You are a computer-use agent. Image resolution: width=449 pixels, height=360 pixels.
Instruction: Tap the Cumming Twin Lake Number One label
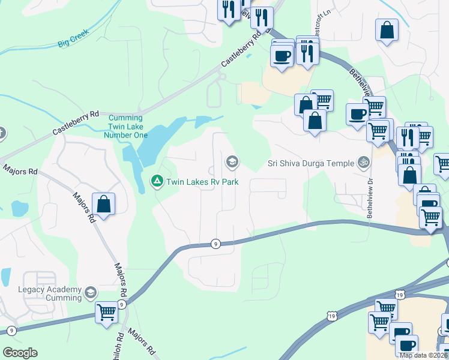[x=125, y=127]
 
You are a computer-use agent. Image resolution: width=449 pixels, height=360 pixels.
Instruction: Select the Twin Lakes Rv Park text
[x=203, y=181]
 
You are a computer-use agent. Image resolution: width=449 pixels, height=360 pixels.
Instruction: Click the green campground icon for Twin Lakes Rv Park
[x=157, y=180]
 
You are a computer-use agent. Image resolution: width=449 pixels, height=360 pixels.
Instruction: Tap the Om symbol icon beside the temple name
[x=363, y=162]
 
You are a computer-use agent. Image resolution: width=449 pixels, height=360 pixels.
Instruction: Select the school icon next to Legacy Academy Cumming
[x=91, y=293]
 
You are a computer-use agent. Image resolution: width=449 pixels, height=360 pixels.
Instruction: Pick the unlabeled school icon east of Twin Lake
[x=232, y=161]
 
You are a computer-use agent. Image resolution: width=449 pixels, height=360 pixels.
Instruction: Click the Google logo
[x=20, y=353]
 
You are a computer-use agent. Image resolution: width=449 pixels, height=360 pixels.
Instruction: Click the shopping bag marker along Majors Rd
[x=104, y=205]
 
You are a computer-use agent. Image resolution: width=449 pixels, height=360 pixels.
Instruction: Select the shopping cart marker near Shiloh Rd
[x=106, y=313]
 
